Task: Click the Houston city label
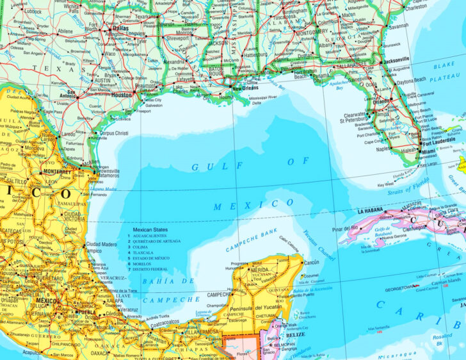[x=121, y=94]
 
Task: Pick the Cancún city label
[x=310, y=263]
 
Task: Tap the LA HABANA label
[x=370, y=211]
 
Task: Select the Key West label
[x=386, y=184]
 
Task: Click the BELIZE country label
[x=295, y=334]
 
